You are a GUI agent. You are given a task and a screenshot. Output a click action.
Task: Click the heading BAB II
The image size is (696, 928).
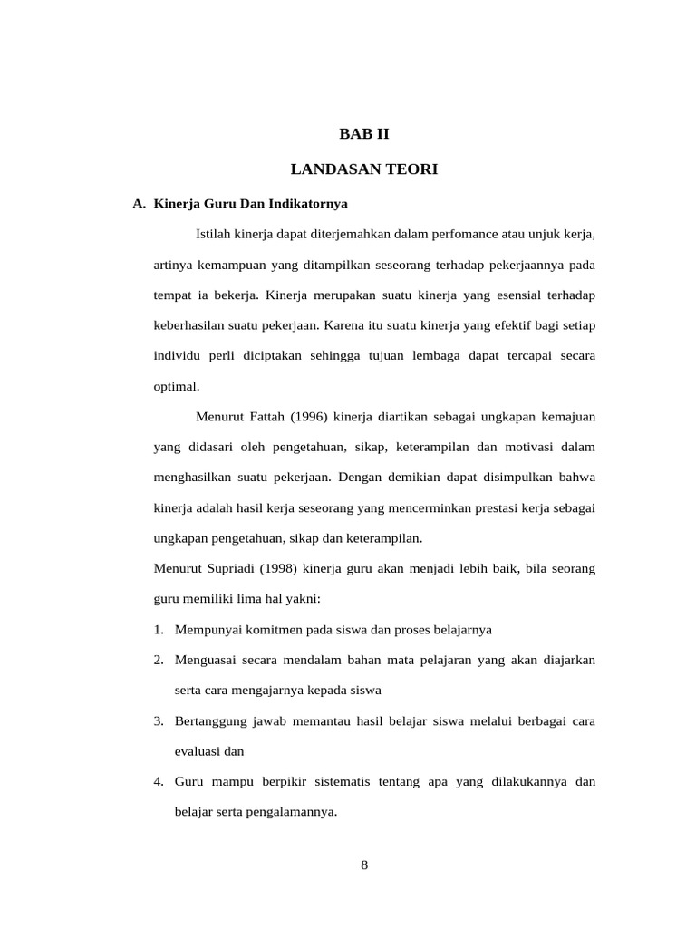tap(363, 134)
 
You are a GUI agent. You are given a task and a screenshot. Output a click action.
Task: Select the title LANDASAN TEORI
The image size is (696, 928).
tap(363, 169)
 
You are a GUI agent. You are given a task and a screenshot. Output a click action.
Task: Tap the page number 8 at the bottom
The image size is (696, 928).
tap(364, 865)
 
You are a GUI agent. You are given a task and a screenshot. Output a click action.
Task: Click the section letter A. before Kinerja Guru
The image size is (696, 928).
tap(139, 204)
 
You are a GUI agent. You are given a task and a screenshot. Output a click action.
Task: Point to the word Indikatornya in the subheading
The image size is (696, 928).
tap(314, 204)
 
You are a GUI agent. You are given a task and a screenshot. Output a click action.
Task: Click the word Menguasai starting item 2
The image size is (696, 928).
tap(204, 661)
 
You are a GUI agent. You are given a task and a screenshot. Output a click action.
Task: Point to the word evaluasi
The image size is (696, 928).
tap(198, 751)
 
